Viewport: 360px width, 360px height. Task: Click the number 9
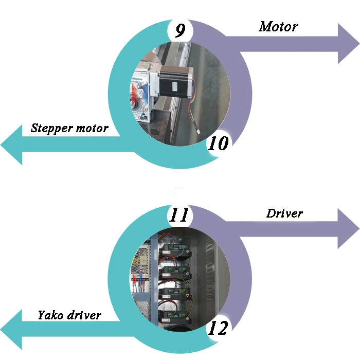point(180,30)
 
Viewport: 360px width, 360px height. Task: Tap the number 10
point(218,143)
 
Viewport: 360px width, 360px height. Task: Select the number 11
point(179,215)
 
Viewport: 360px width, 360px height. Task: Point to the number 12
point(218,328)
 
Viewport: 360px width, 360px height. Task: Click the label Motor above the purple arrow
point(279,27)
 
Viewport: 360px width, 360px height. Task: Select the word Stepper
point(52,128)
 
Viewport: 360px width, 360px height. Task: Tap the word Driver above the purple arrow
point(284,213)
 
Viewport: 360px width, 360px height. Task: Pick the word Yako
point(51,315)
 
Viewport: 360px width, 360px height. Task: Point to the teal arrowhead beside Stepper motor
point(11,145)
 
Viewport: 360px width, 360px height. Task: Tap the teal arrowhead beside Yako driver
point(11,330)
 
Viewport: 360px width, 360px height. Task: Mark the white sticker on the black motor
point(175,86)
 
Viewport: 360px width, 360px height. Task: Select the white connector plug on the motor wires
point(197,132)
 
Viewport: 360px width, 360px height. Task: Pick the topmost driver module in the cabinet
point(175,251)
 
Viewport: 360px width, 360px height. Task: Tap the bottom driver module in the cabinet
point(175,317)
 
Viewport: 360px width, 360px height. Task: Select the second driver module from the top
point(175,273)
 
